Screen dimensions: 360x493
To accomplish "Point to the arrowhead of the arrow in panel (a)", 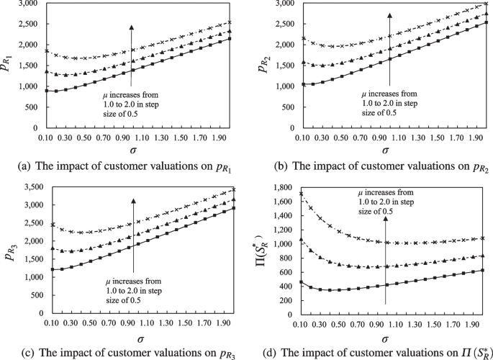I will click(132, 27).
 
